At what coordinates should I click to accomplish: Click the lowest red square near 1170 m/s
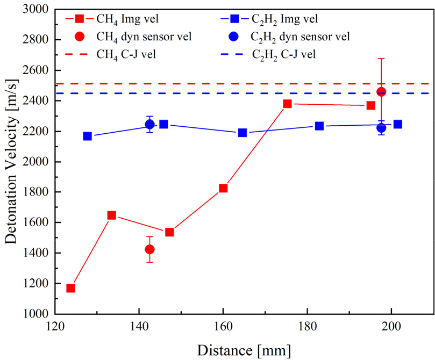(70, 288)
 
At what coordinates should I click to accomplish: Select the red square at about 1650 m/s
(112, 215)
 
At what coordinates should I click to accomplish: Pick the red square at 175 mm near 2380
(288, 104)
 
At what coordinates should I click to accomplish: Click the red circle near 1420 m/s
(149, 249)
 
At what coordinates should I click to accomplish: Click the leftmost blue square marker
(88, 136)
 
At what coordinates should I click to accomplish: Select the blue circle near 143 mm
(150, 125)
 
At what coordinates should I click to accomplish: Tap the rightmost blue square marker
(398, 124)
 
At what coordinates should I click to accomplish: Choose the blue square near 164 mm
(243, 133)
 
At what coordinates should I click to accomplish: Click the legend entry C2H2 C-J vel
(285, 54)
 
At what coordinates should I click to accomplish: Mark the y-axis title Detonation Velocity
(12, 161)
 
